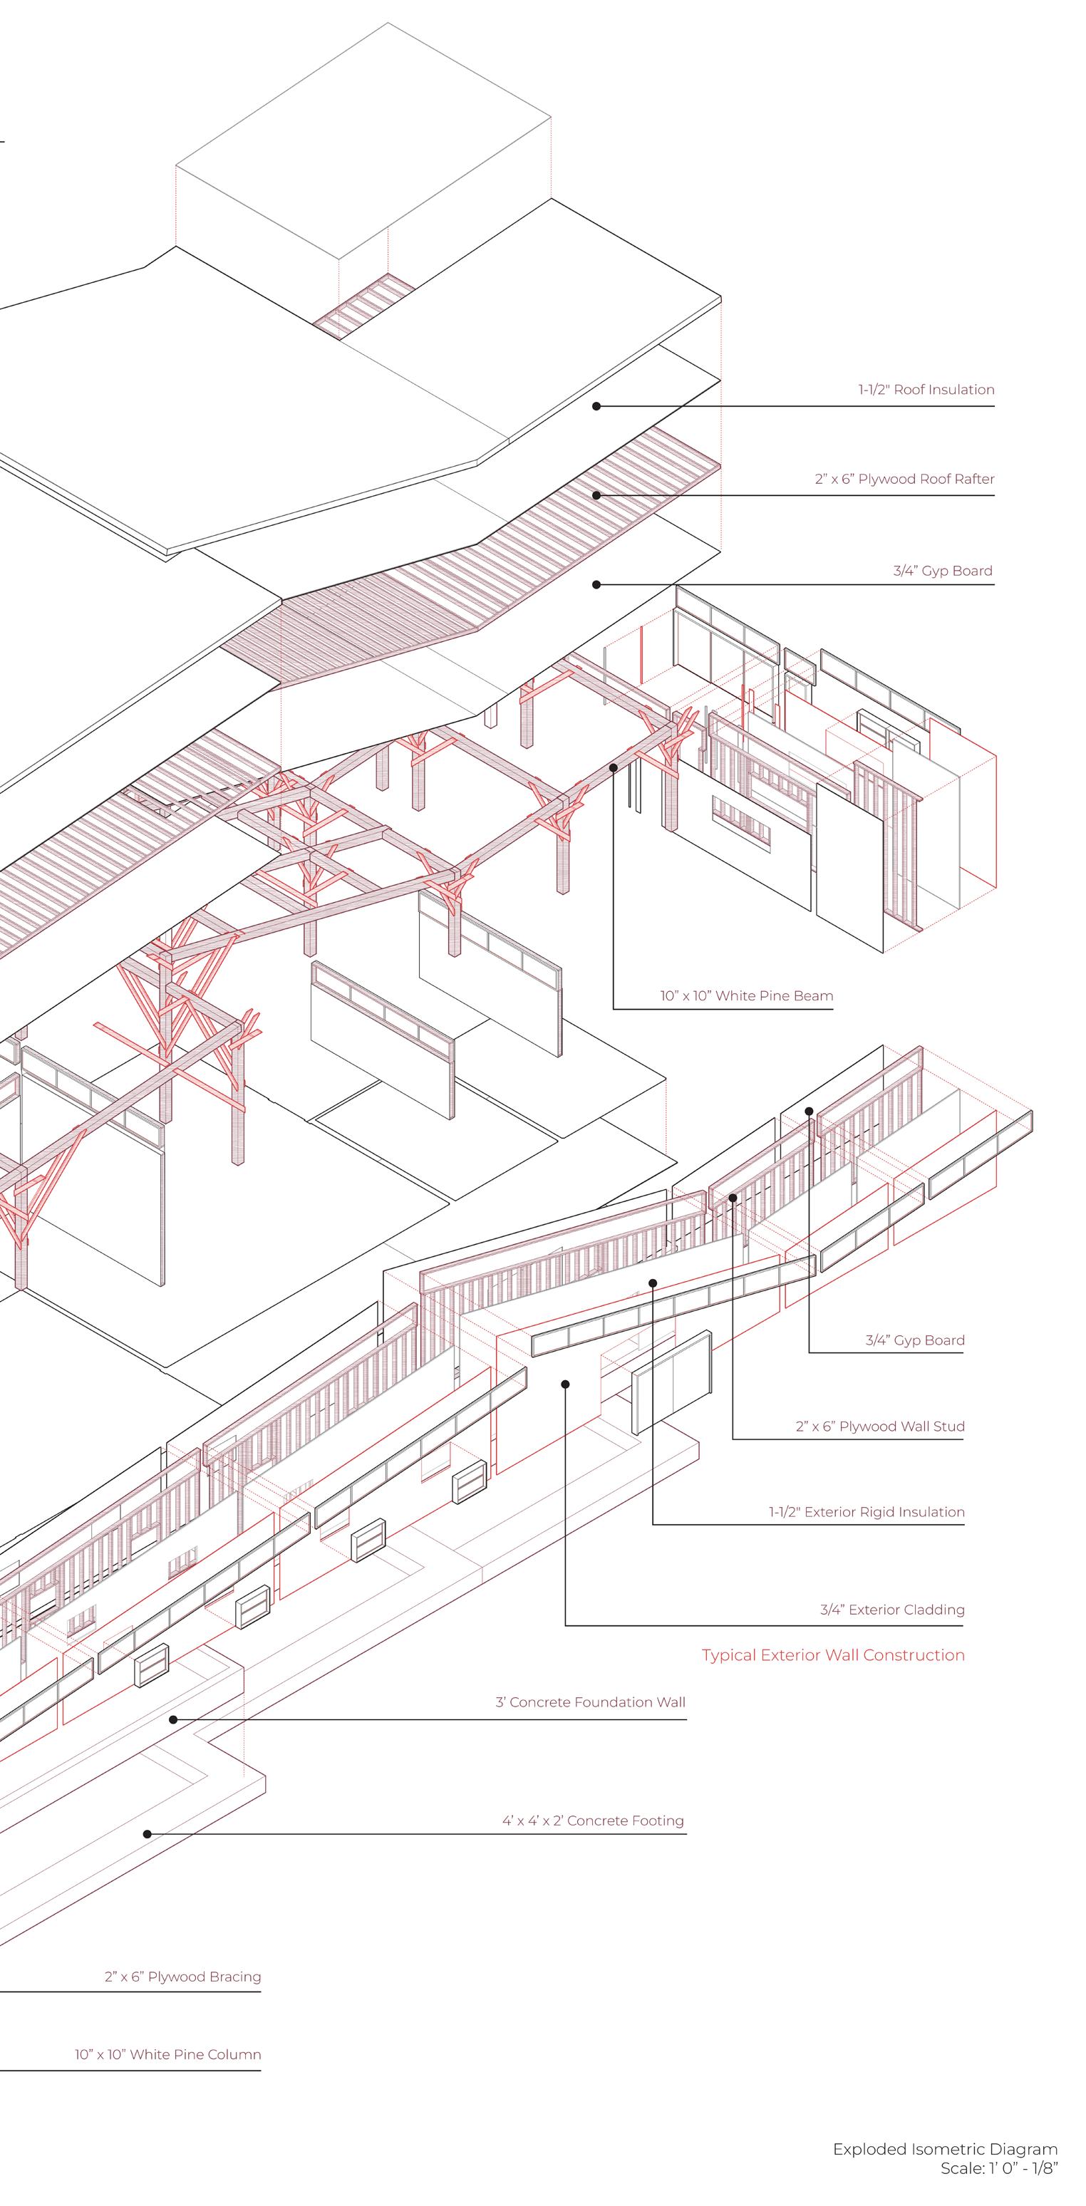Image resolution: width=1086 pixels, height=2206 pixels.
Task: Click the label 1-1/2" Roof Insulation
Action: pos(926,390)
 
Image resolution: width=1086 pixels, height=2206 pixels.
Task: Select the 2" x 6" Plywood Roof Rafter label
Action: pos(904,479)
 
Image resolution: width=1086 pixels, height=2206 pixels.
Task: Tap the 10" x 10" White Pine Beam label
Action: pos(746,996)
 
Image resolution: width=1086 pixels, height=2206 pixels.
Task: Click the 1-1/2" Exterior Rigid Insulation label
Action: pos(866,1511)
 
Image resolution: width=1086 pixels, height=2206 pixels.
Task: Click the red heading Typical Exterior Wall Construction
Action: pos(832,1654)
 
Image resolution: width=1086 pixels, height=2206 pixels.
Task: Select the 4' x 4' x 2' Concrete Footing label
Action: pos(593,1820)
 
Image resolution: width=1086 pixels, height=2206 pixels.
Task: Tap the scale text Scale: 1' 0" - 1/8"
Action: pos(998,2168)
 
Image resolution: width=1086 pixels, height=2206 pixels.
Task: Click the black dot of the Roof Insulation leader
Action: pos(597,406)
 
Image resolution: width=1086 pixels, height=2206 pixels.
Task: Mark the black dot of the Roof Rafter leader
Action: pos(597,495)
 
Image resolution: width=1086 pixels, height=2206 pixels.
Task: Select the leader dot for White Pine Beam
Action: pos(614,768)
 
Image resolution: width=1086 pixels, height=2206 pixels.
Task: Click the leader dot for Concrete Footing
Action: pos(148,1833)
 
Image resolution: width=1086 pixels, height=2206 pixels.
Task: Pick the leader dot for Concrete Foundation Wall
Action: pos(173,1719)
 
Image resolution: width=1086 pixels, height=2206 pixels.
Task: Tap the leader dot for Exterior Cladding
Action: pos(565,1383)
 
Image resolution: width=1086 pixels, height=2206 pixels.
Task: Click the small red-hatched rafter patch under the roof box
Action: pos(364,306)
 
